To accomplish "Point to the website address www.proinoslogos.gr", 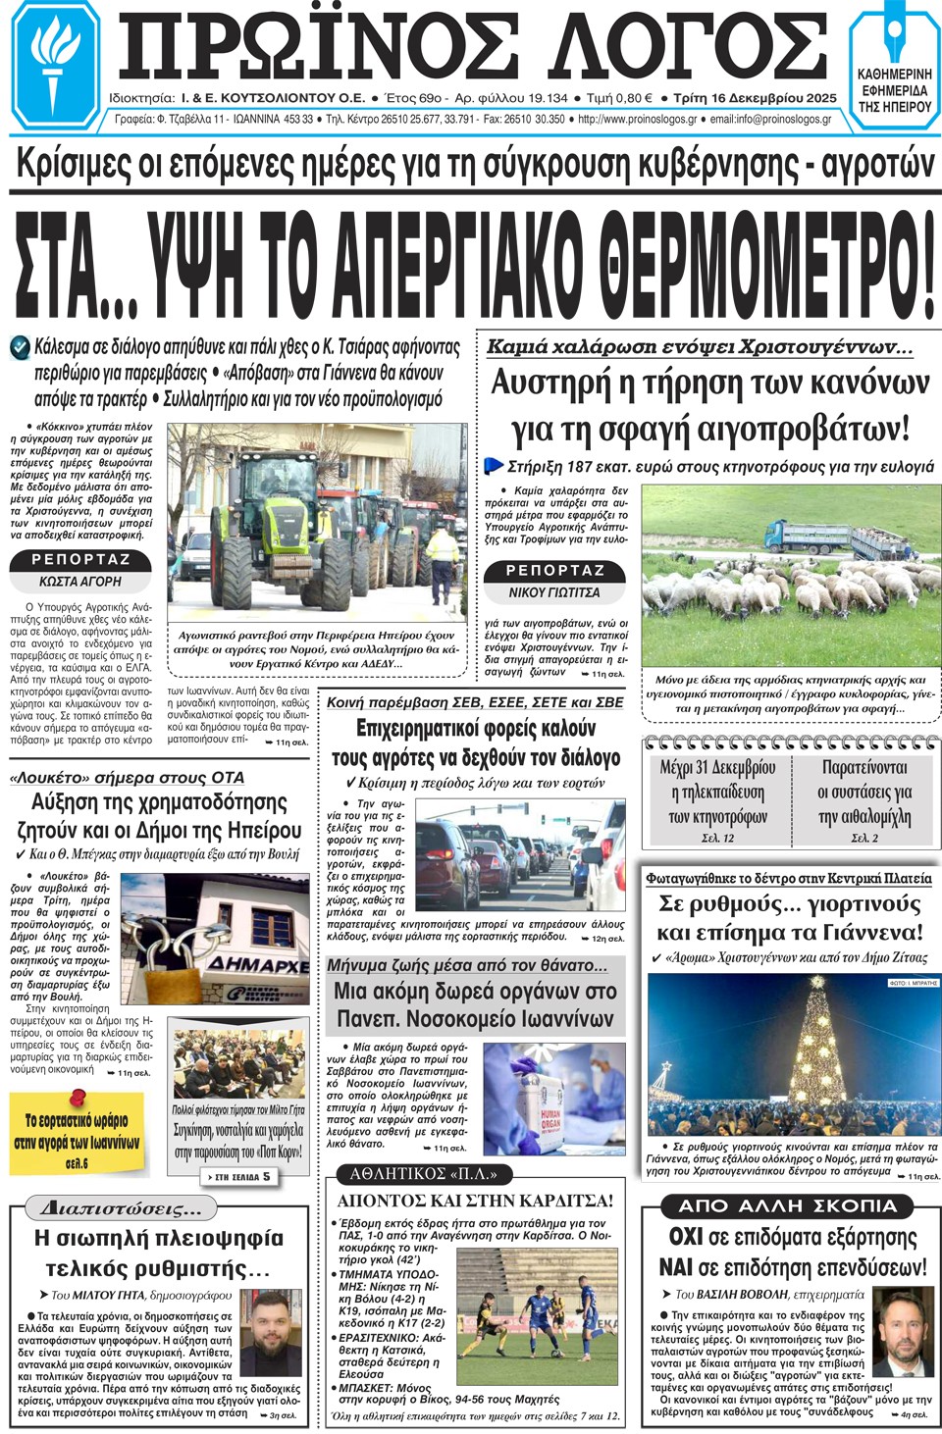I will [638, 120].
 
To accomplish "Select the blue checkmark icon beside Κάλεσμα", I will [20, 347].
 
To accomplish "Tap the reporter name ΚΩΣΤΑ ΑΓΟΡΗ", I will [80, 582].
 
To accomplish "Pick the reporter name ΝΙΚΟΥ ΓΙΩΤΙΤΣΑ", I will [554, 592].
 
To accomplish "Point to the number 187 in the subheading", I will [580, 467].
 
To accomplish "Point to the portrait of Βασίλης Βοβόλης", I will [901, 1331].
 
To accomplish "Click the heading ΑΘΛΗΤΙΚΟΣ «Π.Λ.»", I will [424, 1174].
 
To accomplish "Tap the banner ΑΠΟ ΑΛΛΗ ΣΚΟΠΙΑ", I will [788, 1206].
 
